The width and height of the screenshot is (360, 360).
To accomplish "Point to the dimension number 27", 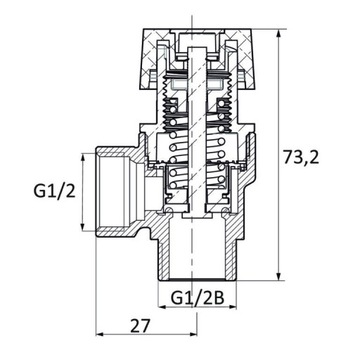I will click(x=141, y=326).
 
